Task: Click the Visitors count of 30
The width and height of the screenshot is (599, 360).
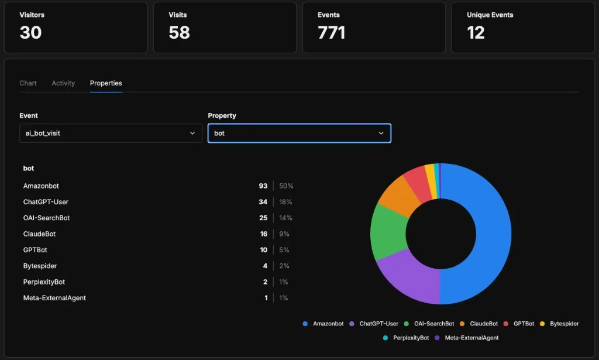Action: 30,33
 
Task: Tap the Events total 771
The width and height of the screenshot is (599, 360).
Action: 331,33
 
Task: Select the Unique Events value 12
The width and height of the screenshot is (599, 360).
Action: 476,33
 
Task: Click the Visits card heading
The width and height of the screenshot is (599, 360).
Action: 177,15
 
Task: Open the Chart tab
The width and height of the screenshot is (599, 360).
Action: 28,83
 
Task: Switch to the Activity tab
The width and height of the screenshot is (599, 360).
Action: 63,83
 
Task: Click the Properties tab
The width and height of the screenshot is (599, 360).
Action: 106,83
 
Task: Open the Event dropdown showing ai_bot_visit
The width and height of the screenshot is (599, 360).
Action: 111,133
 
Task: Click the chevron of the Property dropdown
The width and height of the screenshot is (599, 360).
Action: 381,133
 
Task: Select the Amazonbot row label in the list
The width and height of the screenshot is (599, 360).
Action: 41,186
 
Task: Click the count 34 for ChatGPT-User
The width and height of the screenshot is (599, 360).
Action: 263,202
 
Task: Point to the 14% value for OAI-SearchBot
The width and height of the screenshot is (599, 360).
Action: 285,218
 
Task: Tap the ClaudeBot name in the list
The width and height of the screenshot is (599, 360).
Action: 39,234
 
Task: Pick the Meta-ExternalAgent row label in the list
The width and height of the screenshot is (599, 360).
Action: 54,298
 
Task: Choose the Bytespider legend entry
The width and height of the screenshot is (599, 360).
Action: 560,324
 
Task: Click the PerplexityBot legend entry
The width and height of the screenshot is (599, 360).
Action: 407,338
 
